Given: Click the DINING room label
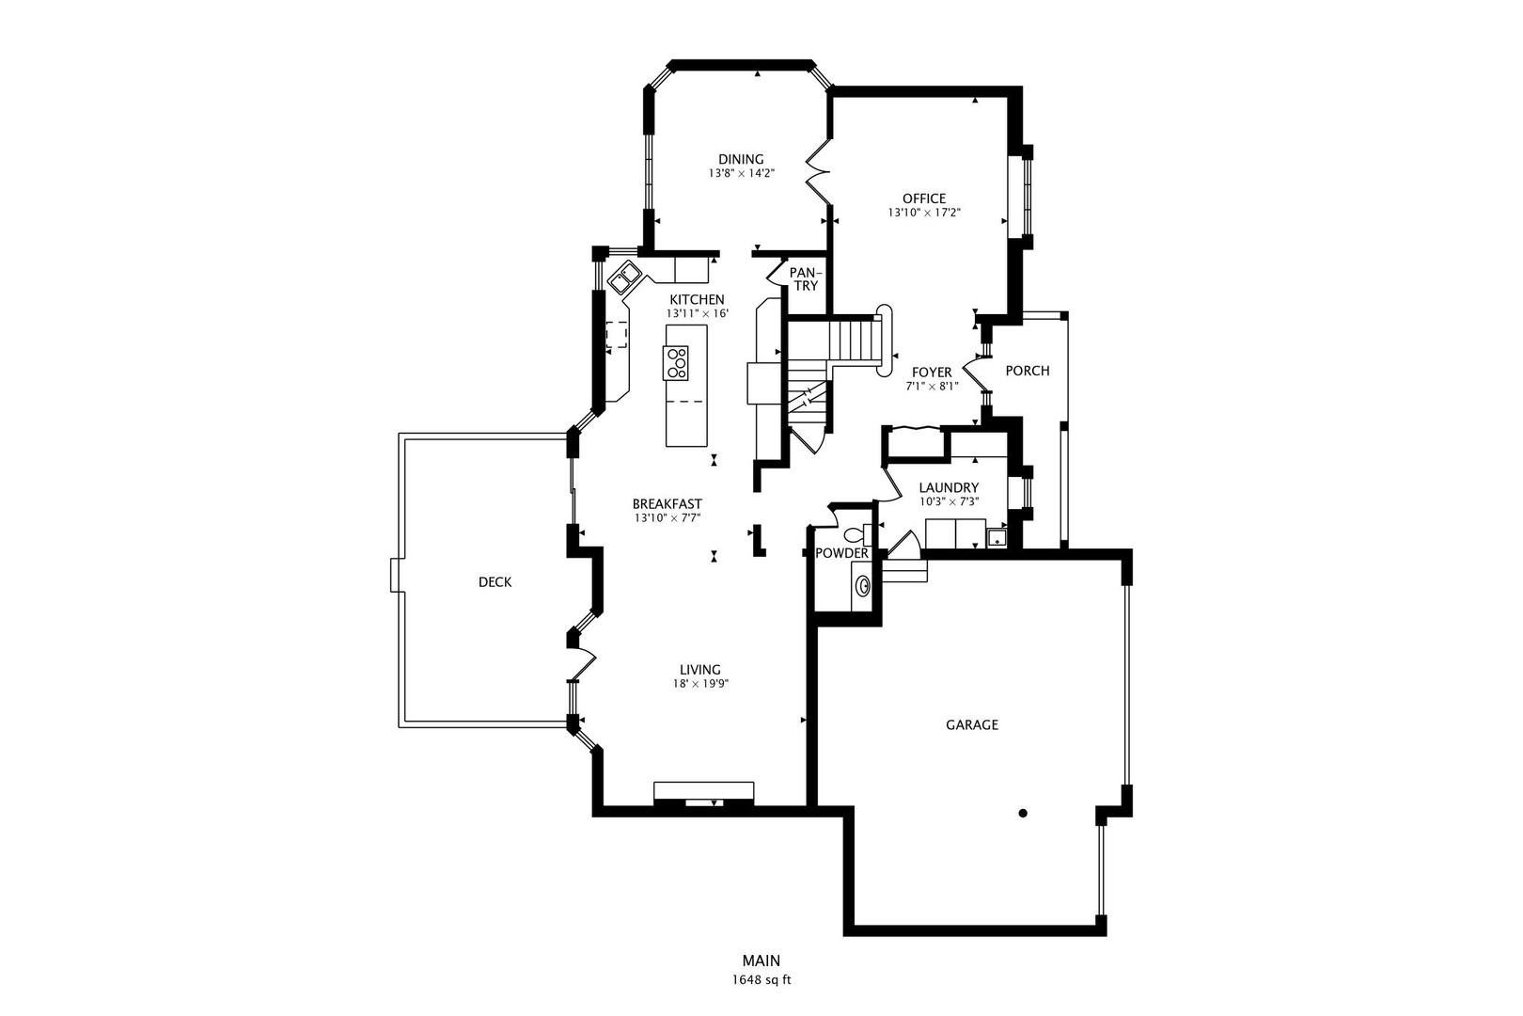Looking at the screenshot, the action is click(741, 159).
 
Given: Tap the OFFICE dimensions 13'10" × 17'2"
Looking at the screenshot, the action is click(924, 213).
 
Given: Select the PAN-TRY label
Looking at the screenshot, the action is click(806, 279).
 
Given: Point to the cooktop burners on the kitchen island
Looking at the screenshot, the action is click(677, 363).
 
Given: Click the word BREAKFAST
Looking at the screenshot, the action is click(667, 504).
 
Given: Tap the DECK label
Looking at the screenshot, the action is click(495, 581).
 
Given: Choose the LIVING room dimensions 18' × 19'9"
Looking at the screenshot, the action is click(700, 684).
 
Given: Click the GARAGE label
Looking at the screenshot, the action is click(971, 724).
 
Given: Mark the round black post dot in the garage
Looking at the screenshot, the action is click(1022, 813).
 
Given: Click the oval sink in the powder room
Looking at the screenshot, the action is click(863, 584).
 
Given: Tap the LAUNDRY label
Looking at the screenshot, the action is click(949, 488).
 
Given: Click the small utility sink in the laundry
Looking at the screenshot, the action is click(997, 537).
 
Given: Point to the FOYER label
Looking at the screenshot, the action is click(932, 373).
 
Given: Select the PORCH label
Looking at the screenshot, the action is click(1028, 371).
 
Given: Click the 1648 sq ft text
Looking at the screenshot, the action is click(761, 980).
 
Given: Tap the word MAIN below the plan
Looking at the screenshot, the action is click(761, 960).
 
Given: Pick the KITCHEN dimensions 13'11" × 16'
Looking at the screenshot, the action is click(697, 313).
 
